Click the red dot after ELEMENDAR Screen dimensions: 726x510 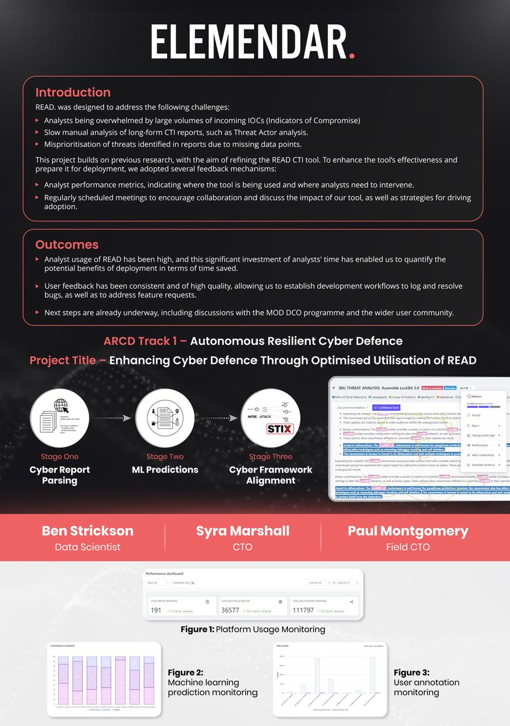tap(352, 56)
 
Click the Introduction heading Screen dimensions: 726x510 tap(73, 93)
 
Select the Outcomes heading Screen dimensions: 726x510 tap(67, 244)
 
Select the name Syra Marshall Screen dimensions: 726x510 tap(243, 531)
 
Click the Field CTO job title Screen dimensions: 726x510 tap(408, 547)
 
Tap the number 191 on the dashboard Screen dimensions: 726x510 tap(157, 609)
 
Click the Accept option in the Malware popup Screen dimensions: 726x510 tap(476, 416)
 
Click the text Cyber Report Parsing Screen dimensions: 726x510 tap(59, 475)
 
